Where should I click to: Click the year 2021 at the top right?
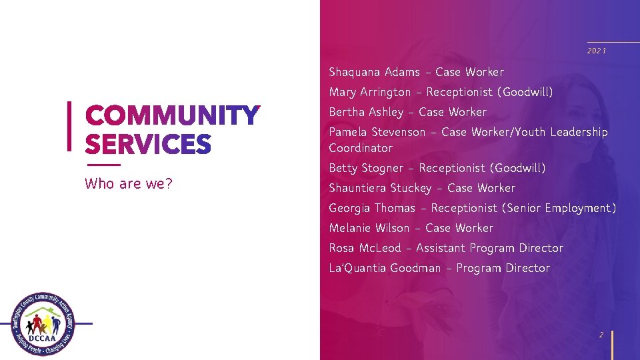pos(597,51)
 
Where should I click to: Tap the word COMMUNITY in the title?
pos(172,116)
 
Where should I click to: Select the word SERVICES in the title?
pos(148,144)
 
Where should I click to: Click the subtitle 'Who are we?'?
pos(129,183)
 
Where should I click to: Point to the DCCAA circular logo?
pos(43,325)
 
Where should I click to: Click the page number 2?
pos(601,335)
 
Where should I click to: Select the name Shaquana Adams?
pos(374,72)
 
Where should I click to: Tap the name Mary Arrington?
pos(370,92)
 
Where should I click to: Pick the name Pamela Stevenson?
pos(377,132)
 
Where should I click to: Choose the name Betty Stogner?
pos(366,168)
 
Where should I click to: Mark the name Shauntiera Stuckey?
pos(379,188)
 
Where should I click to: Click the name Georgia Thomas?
pos(370,208)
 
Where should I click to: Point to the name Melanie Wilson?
pos(369,228)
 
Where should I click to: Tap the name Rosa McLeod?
pos(365,248)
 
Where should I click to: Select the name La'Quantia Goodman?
pos(385,268)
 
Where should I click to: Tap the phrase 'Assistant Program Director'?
pos(489,248)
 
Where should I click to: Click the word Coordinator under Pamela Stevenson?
pos(361,148)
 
